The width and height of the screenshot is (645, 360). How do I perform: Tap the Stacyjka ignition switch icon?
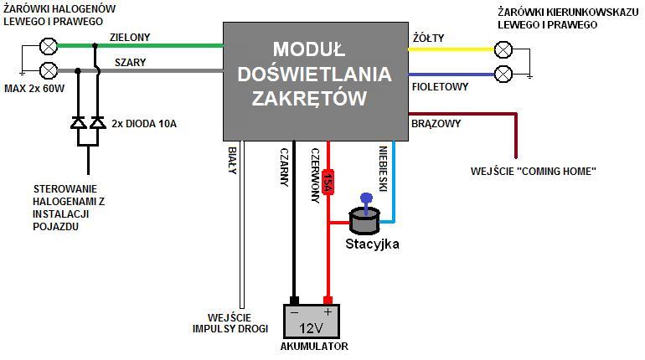click(364, 219)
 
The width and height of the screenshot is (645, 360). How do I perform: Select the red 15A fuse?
click(328, 179)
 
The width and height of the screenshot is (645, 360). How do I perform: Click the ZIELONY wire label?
click(129, 38)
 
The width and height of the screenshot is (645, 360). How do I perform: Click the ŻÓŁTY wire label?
click(429, 38)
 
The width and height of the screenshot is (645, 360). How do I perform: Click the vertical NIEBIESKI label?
click(381, 171)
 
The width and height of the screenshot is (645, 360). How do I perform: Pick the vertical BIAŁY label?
click(232, 161)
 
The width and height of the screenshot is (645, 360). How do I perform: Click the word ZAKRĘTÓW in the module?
click(310, 98)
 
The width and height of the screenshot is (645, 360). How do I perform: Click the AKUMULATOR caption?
click(314, 346)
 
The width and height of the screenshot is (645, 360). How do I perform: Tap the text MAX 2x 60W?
click(34, 88)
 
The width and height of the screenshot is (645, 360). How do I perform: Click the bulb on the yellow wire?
click(503, 49)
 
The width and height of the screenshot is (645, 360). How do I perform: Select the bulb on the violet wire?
click(503, 74)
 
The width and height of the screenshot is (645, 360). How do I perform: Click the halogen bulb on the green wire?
click(49, 45)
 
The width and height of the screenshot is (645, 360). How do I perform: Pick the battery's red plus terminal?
click(328, 301)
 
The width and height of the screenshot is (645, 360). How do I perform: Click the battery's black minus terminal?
click(294, 301)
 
